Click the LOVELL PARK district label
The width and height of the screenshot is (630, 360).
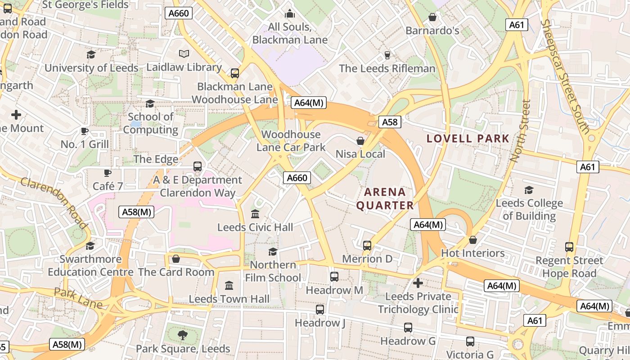pos(468,139)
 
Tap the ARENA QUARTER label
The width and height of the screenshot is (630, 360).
pos(385,199)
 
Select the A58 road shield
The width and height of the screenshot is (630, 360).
pos(390,122)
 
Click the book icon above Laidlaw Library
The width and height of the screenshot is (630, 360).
pos(184,54)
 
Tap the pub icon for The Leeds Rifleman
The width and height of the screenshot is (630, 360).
pos(387,55)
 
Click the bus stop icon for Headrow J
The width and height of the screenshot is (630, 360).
pos(320,310)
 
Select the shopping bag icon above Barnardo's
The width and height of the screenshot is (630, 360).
pos(432,17)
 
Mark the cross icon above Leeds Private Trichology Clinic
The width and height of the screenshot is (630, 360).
pos(418,283)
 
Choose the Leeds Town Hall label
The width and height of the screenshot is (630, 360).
pos(229,299)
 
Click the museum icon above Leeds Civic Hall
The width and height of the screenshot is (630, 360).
pos(255,214)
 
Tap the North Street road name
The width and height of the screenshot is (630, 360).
pos(521,130)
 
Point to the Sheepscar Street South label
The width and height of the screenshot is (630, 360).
pos(565,76)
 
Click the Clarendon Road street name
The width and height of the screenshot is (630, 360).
pos(54,202)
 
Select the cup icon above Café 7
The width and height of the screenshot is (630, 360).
pos(108,173)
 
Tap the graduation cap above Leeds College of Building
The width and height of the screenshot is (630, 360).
pos(529,190)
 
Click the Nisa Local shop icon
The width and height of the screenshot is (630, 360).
pos(360,141)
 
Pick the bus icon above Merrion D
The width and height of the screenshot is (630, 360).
pos(367,246)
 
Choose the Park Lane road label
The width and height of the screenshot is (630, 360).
pos(78,298)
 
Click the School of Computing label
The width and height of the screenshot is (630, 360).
pos(151,123)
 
